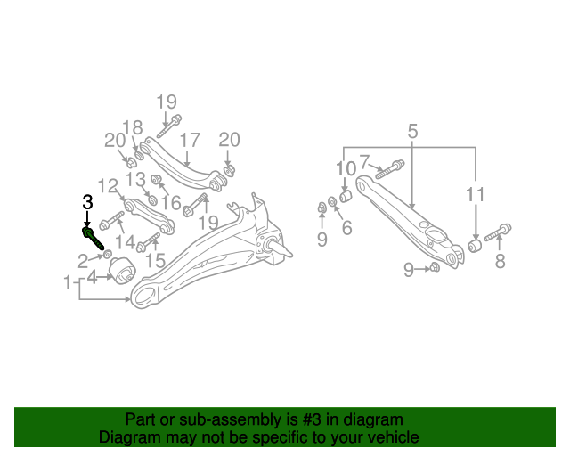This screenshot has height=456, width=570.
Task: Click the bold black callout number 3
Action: pos(87,202)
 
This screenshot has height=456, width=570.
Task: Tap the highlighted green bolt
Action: pos(93,238)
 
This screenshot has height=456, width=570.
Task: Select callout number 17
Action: pos(190,140)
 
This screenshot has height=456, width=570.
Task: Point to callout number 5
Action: pos(412,131)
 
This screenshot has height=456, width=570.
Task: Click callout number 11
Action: pos(476,194)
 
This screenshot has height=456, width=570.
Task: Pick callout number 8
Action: pos(501,261)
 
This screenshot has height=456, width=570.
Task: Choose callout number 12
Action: pos(108,186)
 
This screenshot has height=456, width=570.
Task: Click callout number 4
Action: pos(92,278)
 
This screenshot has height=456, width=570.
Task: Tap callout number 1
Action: pos(68,282)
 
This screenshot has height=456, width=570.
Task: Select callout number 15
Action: pos(155,260)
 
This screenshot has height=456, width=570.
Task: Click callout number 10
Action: pos(346,168)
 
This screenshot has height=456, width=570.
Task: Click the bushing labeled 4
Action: pos(123,271)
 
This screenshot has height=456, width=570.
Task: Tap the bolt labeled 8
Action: pos(498,232)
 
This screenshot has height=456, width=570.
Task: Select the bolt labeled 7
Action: pos(389,169)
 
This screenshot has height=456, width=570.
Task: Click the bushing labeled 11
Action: pos(475,246)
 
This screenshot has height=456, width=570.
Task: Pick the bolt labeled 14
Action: pos(111,220)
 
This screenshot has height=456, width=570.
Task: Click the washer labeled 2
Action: pos(107,254)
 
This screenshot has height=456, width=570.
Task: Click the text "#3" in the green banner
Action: pos(311,420)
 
